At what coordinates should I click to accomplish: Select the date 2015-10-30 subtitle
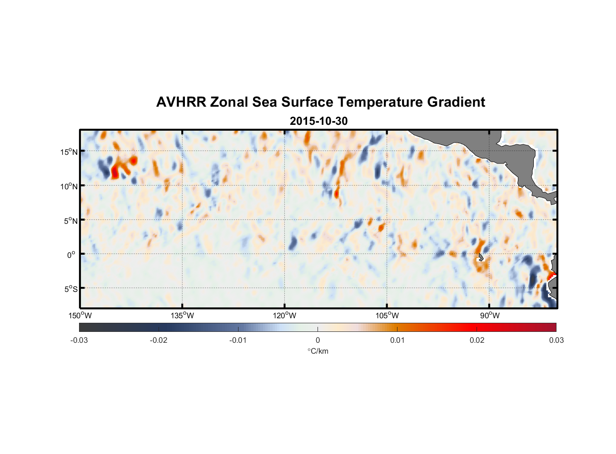(318, 121)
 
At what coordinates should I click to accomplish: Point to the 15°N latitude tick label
(69, 152)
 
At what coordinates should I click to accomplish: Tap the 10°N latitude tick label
(69, 186)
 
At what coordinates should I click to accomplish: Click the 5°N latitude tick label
(70, 221)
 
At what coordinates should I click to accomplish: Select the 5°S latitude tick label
(70, 289)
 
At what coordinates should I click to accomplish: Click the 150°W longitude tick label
(80, 316)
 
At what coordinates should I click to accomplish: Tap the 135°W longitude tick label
(182, 316)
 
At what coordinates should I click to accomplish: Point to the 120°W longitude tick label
(285, 316)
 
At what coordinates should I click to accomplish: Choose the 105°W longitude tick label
(387, 316)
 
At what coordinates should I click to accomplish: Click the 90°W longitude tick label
(490, 316)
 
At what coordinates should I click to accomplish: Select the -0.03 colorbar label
(79, 340)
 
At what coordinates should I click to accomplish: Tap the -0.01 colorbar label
(238, 340)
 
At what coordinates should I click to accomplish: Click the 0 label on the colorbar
(318, 340)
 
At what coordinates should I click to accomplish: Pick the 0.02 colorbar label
(477, 340)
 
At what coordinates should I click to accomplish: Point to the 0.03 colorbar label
(556, 340)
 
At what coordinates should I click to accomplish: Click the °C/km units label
(318, 351)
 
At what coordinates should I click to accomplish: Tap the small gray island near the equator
(481, 257)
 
